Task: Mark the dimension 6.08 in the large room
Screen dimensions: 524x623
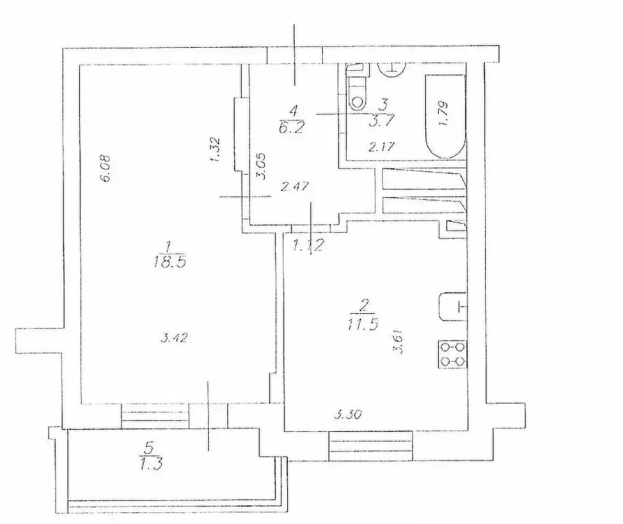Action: point(106,168)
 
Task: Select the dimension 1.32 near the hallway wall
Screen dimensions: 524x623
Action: point(214,149)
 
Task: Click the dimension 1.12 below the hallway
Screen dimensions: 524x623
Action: point(306,244)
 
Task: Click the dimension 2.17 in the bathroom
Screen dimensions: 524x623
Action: point(381,147)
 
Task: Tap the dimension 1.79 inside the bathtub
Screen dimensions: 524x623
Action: point(444,113)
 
